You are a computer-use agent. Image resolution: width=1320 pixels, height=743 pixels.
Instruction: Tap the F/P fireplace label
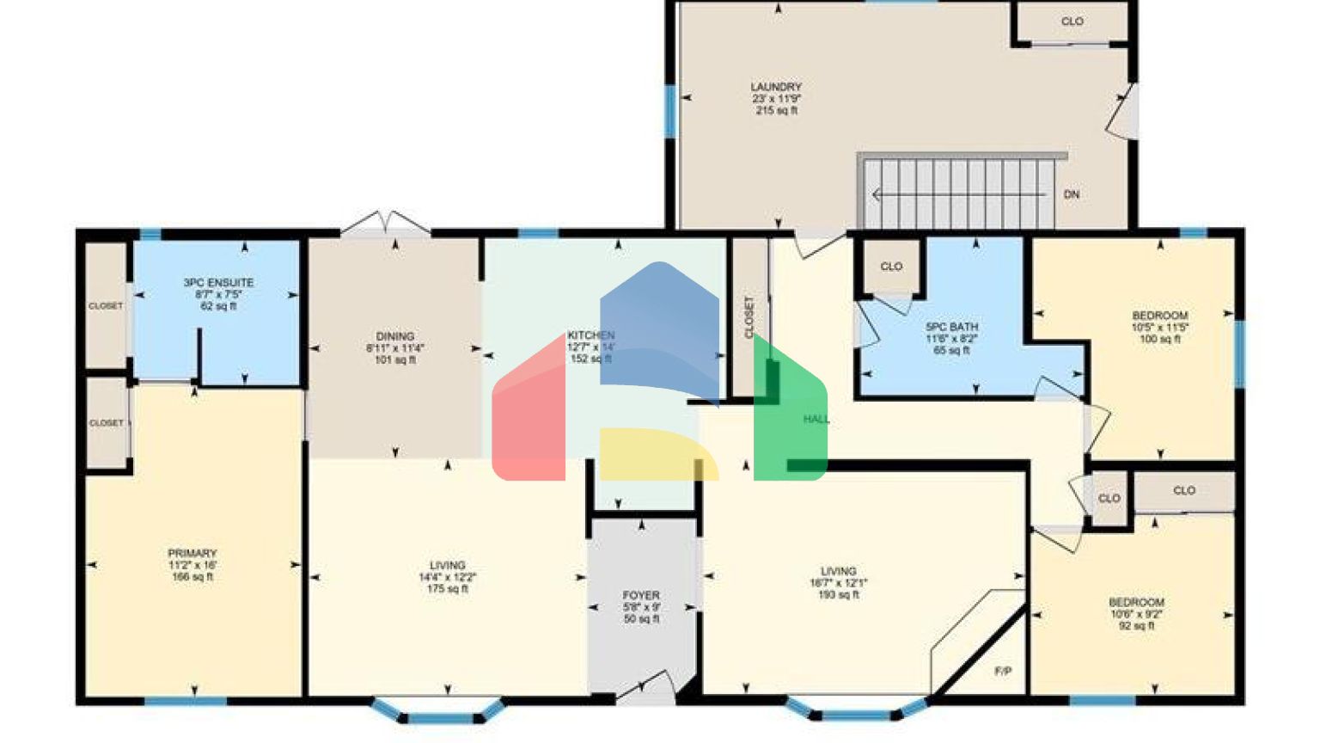(x=1003, y=671)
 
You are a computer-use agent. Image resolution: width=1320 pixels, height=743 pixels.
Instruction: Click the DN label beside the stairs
(x=1072, y=194)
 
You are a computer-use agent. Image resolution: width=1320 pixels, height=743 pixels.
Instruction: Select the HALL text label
(x=816, y=419)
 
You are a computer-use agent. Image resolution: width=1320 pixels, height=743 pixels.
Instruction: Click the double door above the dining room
(x=386, y=222)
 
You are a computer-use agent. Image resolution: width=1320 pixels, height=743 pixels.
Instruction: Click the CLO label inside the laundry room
(x=1072, y=21)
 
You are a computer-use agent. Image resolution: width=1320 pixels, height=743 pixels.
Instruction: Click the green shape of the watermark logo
(x=791, y=413)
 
